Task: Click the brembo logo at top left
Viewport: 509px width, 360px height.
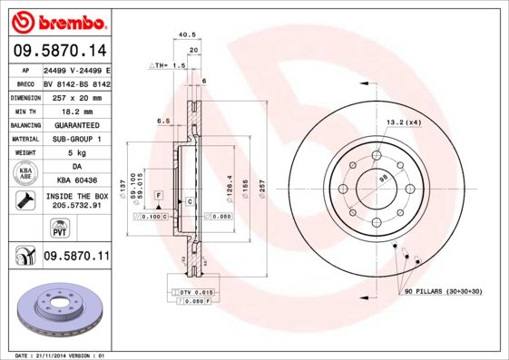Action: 57,20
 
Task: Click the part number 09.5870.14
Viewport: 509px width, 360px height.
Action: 58,52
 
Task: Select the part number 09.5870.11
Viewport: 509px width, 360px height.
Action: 76,257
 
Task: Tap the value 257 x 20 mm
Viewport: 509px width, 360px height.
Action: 76,97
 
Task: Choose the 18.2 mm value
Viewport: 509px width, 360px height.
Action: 76,111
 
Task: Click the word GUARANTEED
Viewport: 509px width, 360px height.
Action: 76,125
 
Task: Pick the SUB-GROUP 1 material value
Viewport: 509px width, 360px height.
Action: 76,139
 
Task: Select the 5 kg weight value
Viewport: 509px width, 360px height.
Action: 76,153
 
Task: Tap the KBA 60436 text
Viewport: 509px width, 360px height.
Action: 76,180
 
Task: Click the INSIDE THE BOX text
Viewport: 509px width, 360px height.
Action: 76,196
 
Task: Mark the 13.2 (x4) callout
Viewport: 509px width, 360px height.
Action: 403,122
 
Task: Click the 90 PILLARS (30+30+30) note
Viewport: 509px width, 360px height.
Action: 442,290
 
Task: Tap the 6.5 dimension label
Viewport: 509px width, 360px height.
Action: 164,121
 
